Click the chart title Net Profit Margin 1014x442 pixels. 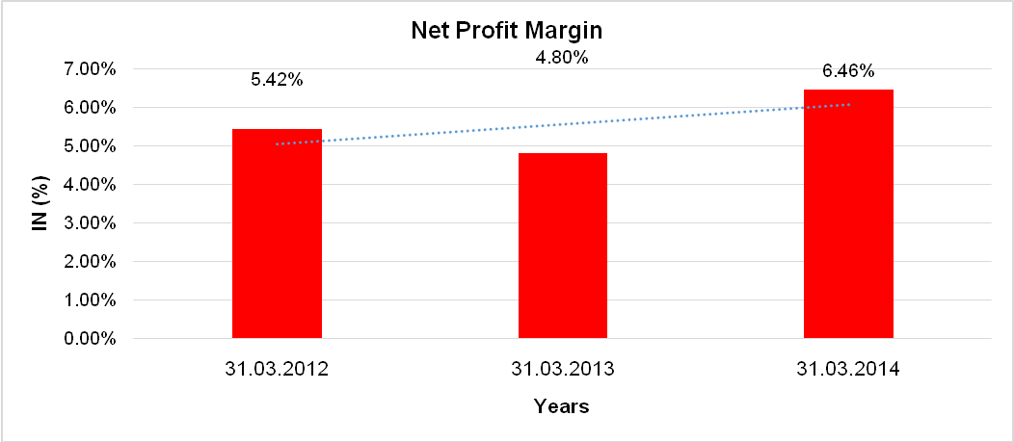506,32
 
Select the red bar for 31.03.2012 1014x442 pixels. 277,234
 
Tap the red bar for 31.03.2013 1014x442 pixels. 563,246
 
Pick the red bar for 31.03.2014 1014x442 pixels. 848,214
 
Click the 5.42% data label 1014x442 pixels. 277,80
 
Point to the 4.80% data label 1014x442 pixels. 562,57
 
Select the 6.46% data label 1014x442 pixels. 848,70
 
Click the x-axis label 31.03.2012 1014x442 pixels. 277,369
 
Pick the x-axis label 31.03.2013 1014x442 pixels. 563,369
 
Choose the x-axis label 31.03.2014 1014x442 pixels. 848,369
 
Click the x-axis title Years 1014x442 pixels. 562,406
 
